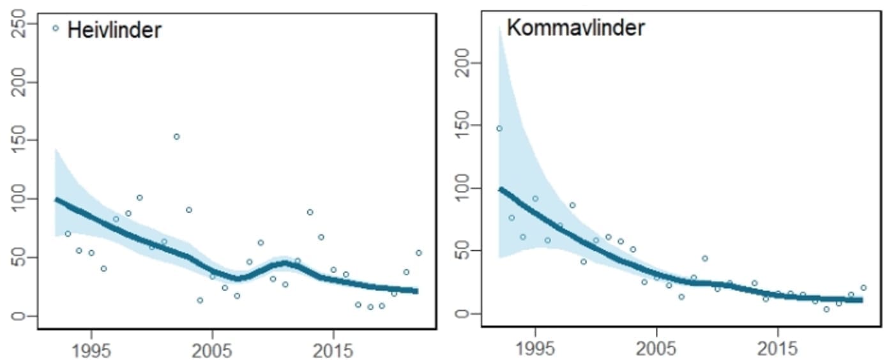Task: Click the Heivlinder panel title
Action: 114,29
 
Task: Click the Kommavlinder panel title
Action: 575,27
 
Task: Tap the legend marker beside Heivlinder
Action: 56,28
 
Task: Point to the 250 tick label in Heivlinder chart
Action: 19,24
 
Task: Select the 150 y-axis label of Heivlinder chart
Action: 19,140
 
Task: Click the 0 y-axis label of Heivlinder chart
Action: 19,316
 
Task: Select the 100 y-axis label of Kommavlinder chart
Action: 464,188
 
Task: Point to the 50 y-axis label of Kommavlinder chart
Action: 464,251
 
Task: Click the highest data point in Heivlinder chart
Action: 176,137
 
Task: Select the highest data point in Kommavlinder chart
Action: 499,128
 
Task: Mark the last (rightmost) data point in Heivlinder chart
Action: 418,253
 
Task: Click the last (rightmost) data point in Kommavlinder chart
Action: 863,288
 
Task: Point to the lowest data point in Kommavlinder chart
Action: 826,309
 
